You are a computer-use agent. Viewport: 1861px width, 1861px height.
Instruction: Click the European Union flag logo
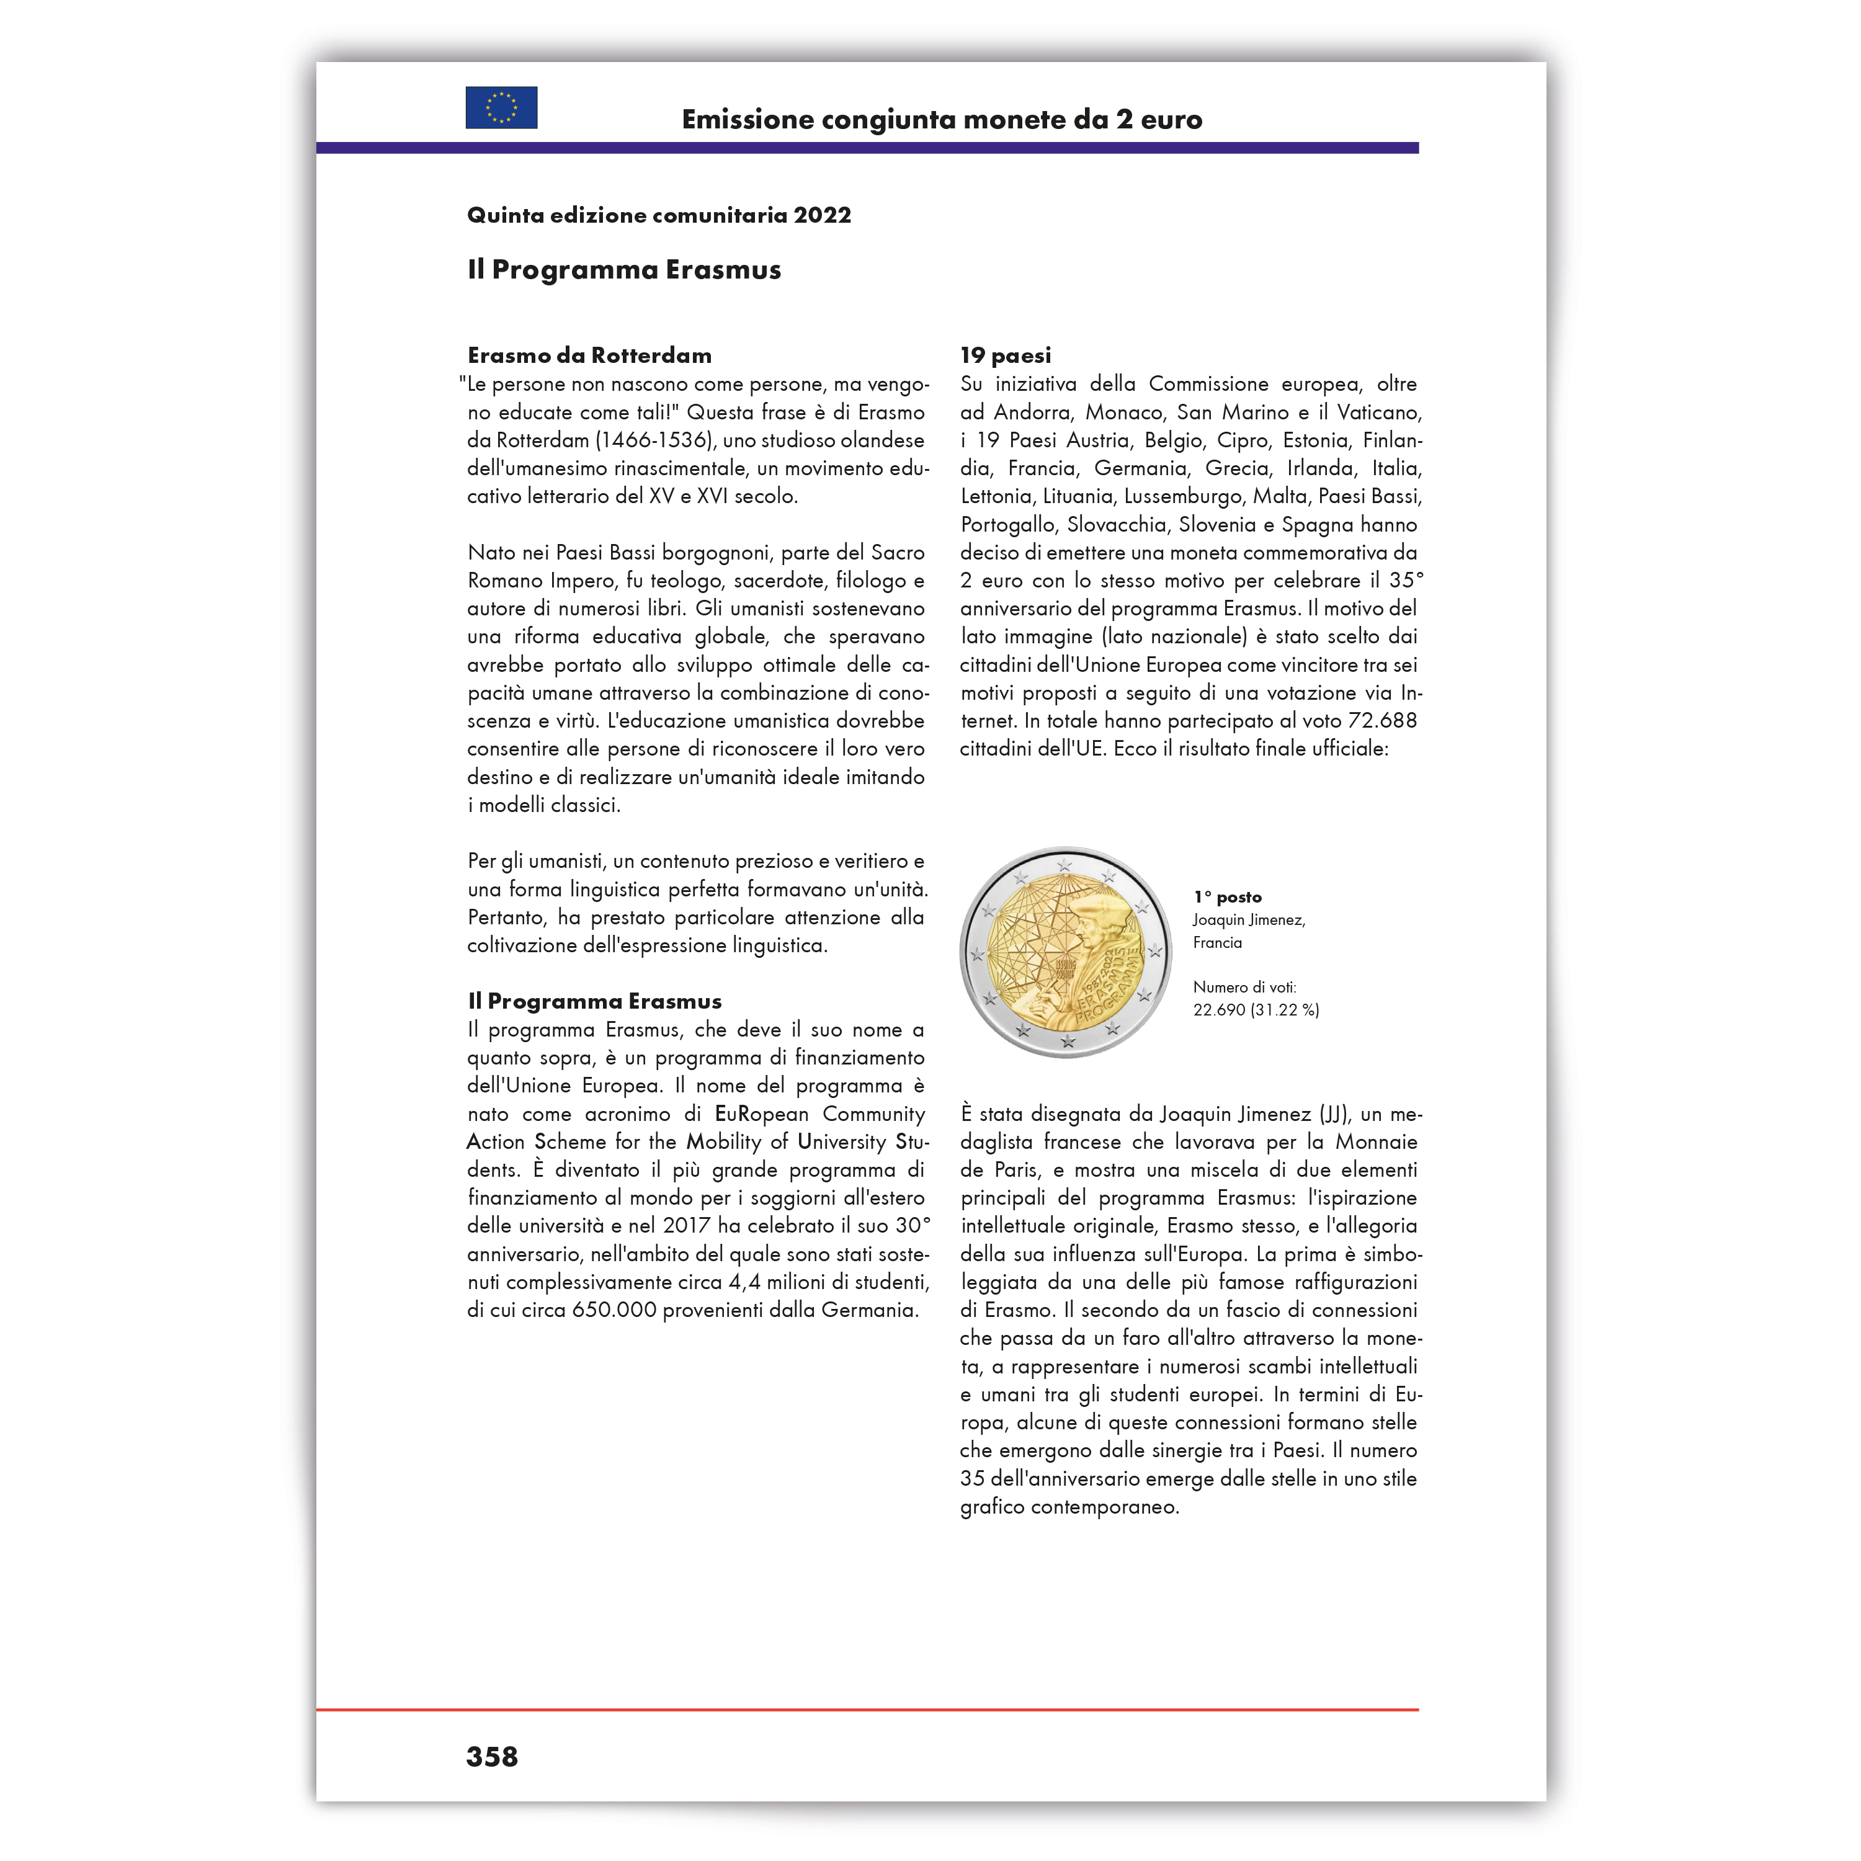[x=501, y=108]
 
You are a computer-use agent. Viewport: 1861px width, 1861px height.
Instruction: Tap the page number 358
[x=491, y=1757]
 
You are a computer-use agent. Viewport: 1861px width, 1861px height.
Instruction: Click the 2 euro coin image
[x=1065, y=952]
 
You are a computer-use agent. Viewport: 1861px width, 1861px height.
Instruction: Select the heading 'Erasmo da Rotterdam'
[x=589, y=355]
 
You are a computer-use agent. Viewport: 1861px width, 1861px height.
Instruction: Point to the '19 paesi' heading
[x=1006, y=355]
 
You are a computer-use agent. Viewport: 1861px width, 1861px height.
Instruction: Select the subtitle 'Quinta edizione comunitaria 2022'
[x=659, y=215]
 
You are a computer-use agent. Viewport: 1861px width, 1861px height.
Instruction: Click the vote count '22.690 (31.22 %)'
[x=1256, y=1009]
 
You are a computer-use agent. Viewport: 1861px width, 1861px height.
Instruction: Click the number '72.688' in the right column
[x=1382, y=720]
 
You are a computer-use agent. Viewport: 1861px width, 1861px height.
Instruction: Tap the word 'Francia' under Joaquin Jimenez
[x=1218, y=942]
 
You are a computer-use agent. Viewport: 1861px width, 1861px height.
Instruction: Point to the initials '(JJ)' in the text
[x=1334, y=1115]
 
